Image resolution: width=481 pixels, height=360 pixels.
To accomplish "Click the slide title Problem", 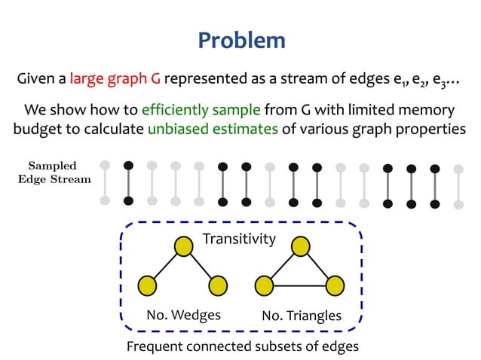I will (241, 41).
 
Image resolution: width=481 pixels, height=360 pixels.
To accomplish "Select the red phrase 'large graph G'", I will (116, 78).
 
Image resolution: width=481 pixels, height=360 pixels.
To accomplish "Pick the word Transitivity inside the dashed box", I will (239, 239).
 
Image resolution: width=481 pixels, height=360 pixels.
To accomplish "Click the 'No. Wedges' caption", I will (184, 314).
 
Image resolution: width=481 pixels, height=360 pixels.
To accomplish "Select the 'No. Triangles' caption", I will (302, 315).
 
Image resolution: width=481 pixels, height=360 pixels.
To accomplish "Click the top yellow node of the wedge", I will (183, 246).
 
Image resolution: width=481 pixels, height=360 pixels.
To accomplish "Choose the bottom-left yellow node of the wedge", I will (148, 285).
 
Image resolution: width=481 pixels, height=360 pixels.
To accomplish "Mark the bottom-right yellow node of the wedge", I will (218, 285).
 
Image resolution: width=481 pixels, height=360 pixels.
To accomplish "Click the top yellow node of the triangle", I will (301, 246).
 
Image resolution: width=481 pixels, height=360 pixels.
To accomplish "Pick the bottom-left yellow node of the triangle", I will (265, 285).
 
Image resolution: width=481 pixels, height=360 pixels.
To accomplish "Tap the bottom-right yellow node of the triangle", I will (335, 285).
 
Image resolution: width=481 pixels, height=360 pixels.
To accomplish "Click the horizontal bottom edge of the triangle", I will (300, 285).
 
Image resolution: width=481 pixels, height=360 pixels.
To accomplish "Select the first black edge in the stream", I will (129, 182).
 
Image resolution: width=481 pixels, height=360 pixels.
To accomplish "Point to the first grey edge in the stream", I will (105, 182).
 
